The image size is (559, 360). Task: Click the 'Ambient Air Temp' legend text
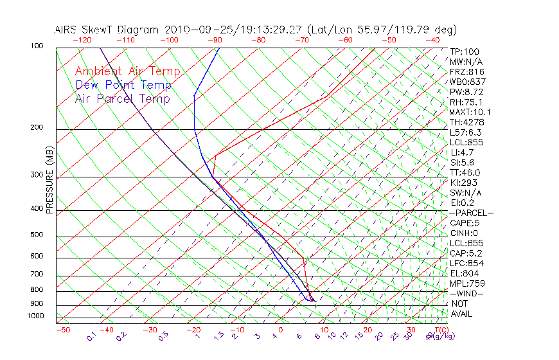127,71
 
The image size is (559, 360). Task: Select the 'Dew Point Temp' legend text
123,85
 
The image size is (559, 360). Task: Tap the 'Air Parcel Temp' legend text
123,98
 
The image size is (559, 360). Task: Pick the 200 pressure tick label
36,128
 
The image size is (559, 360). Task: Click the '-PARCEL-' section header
472,213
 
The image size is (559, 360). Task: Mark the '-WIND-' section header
467,293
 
